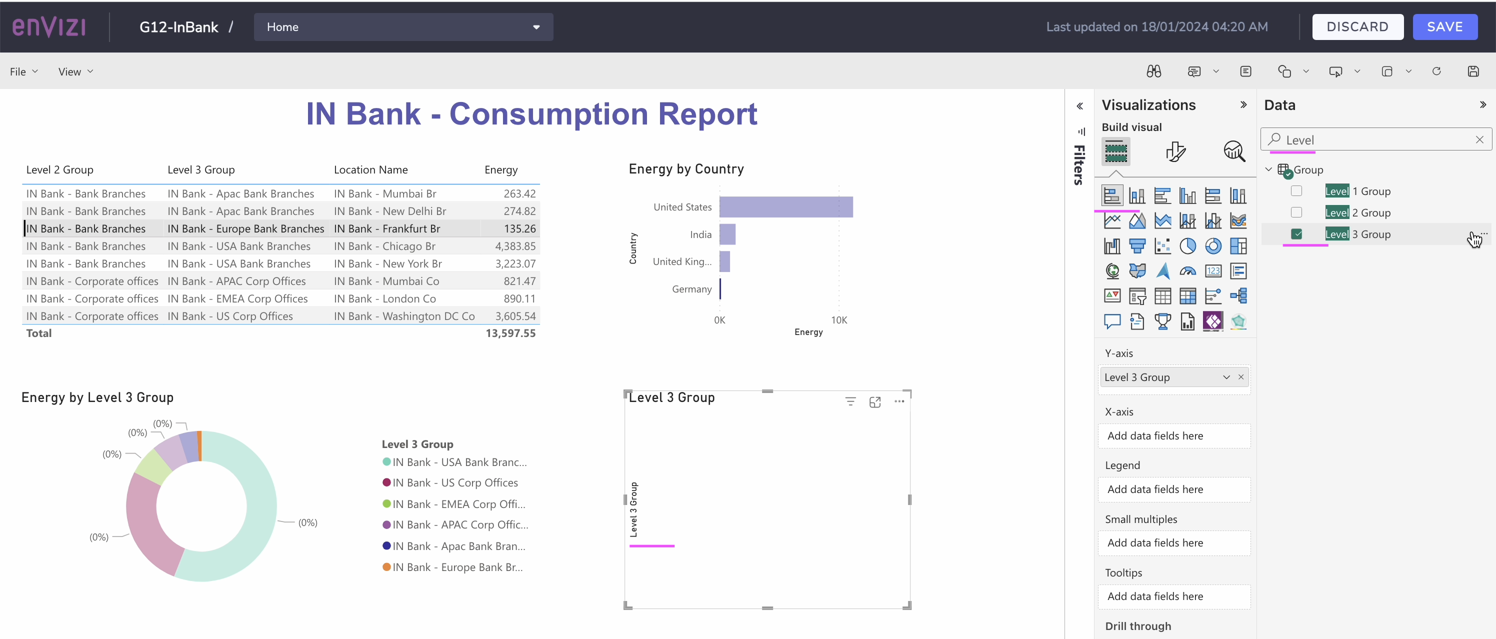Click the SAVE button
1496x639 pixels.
click(x=1444, y=26)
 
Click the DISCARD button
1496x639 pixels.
click(x=1357, y=26)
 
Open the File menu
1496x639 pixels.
click(x=23, y=71)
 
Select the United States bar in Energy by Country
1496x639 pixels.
click(x=785, y=207)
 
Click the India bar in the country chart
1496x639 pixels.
click(x=727, y=234)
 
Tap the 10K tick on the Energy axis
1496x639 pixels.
click(x=838, y=320)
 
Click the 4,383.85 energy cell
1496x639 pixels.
click(x=514, y=246)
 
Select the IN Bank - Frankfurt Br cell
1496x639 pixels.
click(x=387, y=229)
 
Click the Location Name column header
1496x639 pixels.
click(x=370, y=169)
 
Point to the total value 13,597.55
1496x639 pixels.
click(x=510, y=333)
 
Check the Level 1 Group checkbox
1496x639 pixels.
click(x=1296, y=191)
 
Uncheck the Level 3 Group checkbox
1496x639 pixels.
click(x=1296, y=234)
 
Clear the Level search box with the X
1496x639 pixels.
click(x=1479, y=139)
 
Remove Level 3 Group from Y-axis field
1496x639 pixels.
click(x=1241, y=377)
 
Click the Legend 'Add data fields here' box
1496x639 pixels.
click(x=1173, y=489)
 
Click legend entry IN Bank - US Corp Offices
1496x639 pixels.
click(x=454, y=482)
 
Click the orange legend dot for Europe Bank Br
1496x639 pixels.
click(x=386, y=567)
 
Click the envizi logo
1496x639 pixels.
click(x=49, y=26)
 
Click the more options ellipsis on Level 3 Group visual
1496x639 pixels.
click(x=899, y=401)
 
